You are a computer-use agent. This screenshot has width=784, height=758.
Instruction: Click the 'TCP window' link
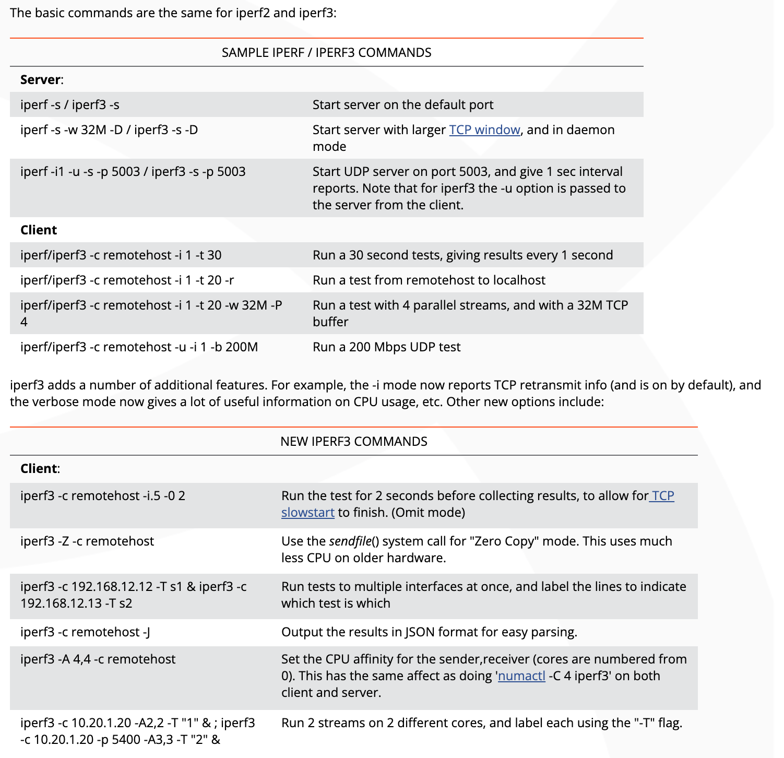(x=484, y=130)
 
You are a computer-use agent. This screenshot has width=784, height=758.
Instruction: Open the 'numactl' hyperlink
(x=521, y=676)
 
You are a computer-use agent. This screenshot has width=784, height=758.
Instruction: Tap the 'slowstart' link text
(x=307, y=513)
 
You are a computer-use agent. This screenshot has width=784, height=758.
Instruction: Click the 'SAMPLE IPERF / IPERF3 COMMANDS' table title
(x=326, y=53)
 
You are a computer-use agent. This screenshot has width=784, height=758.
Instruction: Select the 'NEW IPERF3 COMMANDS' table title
(x=353, y=442)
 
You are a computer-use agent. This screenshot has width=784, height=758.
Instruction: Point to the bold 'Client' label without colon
(x=39, y=230)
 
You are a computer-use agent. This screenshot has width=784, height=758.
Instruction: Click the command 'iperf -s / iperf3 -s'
(x=70, y=105)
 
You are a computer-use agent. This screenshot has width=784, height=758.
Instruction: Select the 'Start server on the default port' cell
(x=403, y=105)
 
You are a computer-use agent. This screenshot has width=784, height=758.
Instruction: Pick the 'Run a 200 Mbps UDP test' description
(x=386, y=347)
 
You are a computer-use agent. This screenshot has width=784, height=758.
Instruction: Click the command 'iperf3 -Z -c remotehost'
(x=87, y=541)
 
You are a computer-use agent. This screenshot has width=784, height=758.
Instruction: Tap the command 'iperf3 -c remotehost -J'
(x=85, y=632)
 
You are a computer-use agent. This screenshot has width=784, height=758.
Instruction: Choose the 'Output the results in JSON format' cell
(x=429, y=632)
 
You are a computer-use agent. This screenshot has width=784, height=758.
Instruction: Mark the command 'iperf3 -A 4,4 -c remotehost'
(x=98, y=659)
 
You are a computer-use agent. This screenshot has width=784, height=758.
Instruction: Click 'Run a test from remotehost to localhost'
(x=429, y=280)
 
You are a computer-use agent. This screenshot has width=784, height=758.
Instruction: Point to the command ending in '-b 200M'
(x=139, y=347)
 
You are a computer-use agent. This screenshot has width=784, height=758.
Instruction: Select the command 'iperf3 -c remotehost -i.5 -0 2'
(x=103, y=496)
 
